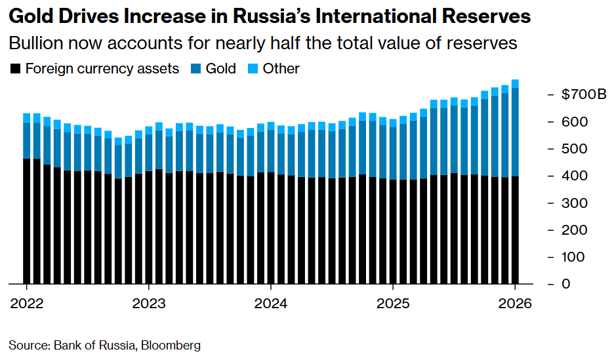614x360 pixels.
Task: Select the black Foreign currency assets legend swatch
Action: (16, 68)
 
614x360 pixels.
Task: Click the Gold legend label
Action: (221, 68)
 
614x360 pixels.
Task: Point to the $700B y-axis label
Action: (584, 95)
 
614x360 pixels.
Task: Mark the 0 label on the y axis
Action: (566, 283)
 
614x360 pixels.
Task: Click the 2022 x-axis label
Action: (27, 304)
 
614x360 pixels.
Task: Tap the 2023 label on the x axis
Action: (149, 304)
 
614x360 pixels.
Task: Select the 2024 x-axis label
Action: (271, 304)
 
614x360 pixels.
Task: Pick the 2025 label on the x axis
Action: (393, 304)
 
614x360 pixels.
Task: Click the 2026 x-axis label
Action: (516, 304)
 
